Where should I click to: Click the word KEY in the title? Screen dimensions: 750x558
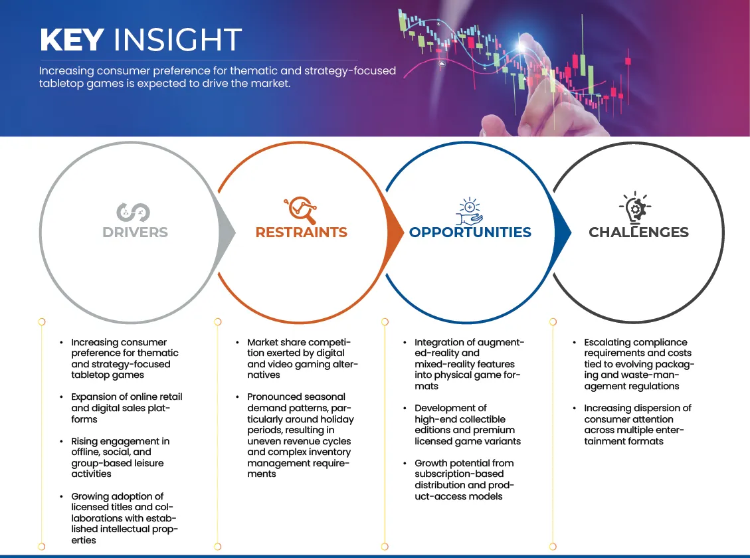72,39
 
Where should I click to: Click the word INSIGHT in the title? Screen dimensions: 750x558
177,39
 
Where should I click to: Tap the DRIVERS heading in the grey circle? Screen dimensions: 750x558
135,232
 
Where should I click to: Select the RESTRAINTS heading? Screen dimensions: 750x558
302,232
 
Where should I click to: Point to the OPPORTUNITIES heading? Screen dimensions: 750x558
470,232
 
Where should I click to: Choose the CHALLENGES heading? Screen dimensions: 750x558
638,232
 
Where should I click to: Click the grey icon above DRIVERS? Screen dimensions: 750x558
133,213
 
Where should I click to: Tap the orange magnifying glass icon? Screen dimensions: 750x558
300,210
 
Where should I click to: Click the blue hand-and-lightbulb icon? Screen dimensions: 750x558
469,211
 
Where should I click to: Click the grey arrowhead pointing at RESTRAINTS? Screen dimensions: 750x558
227,233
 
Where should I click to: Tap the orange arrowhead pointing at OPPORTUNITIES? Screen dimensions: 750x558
395,233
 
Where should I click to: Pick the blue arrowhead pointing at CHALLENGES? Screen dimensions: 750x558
563,233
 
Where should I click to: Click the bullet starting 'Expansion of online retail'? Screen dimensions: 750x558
126,408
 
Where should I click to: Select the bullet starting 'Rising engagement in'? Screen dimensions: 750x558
120,458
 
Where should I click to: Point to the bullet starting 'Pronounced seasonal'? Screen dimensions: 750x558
300,435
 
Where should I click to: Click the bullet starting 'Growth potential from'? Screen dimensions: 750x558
464,480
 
